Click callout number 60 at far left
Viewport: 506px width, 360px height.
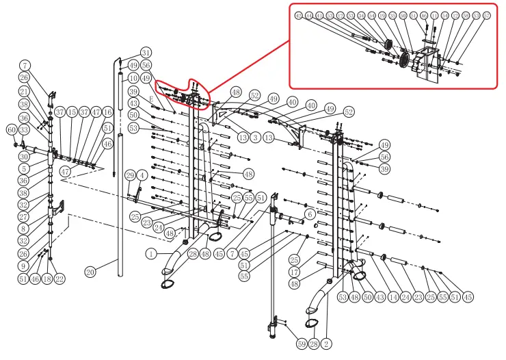click(12, 129)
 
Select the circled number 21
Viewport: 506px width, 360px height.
click(24, 92)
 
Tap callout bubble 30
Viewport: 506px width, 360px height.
click(24, 157)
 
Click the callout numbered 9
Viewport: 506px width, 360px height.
click(24, 266)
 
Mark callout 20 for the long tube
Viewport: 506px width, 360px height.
click(90, 272)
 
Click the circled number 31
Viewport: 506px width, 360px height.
click(146, 52)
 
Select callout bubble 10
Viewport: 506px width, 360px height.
click(133, 79)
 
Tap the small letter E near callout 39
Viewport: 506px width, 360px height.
click(152, 99)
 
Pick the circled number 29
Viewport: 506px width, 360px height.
click(130, 176)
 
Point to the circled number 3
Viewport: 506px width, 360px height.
click(255, 138)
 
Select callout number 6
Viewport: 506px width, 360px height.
click(309, 214)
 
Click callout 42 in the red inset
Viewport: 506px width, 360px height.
click(298, 15)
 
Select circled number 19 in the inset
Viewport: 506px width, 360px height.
click(382, 15)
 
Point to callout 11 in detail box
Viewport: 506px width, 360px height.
click(434, 15)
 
